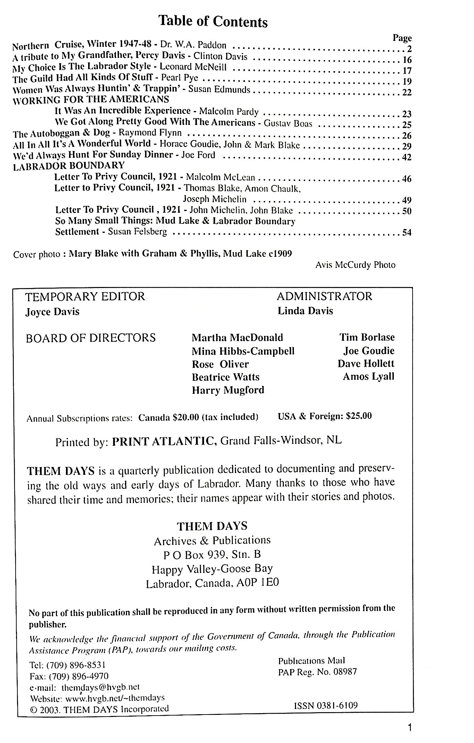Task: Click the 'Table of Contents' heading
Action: coord(213,22)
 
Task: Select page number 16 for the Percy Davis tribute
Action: coord(407,59)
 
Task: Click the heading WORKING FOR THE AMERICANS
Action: coord(91,100)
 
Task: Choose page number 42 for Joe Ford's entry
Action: coord(406,157)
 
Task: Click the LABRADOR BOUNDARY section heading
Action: coord(69,166)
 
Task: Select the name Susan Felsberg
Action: coord(137,231)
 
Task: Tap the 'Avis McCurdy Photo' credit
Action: coord(355,265)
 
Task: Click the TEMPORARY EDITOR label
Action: coord(85,296)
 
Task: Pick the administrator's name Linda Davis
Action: coord(305,311)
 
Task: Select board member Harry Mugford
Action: coord(228,390)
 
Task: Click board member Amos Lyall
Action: coord(369,377)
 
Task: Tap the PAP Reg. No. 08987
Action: coord(317,672)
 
